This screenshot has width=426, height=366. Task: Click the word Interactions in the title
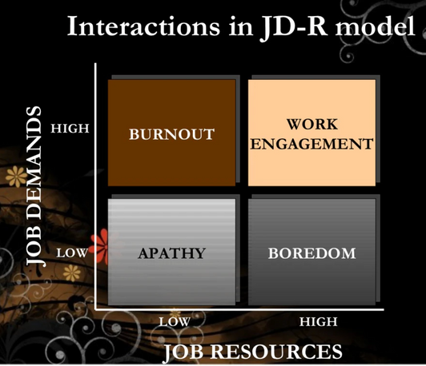tap(143, 26)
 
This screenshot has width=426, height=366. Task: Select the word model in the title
tap(375, 26)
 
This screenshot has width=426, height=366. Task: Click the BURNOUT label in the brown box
tap(171, 134)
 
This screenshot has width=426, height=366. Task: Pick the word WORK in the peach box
tap(312, 125)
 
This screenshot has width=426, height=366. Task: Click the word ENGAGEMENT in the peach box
tap(312, 144)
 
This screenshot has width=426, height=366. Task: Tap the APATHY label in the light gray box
tap(171, 253)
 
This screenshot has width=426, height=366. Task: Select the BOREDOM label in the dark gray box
tap(312, 253)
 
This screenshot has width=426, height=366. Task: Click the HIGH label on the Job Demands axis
tap(70, 129)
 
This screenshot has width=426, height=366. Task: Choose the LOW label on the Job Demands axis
tap(72, 253)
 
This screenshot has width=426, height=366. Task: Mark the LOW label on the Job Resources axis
tap(175, 322)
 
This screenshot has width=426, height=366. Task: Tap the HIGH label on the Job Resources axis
tap(319, 322)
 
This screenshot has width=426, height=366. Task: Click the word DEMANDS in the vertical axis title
tap(34, 162)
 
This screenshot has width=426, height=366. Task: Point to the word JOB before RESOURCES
tap(183, 352)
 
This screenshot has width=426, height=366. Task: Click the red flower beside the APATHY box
tap(100, 247)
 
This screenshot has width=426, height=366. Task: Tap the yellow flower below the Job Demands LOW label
tap(71, 273)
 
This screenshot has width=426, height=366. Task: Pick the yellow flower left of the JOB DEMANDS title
tap(17, 177)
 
